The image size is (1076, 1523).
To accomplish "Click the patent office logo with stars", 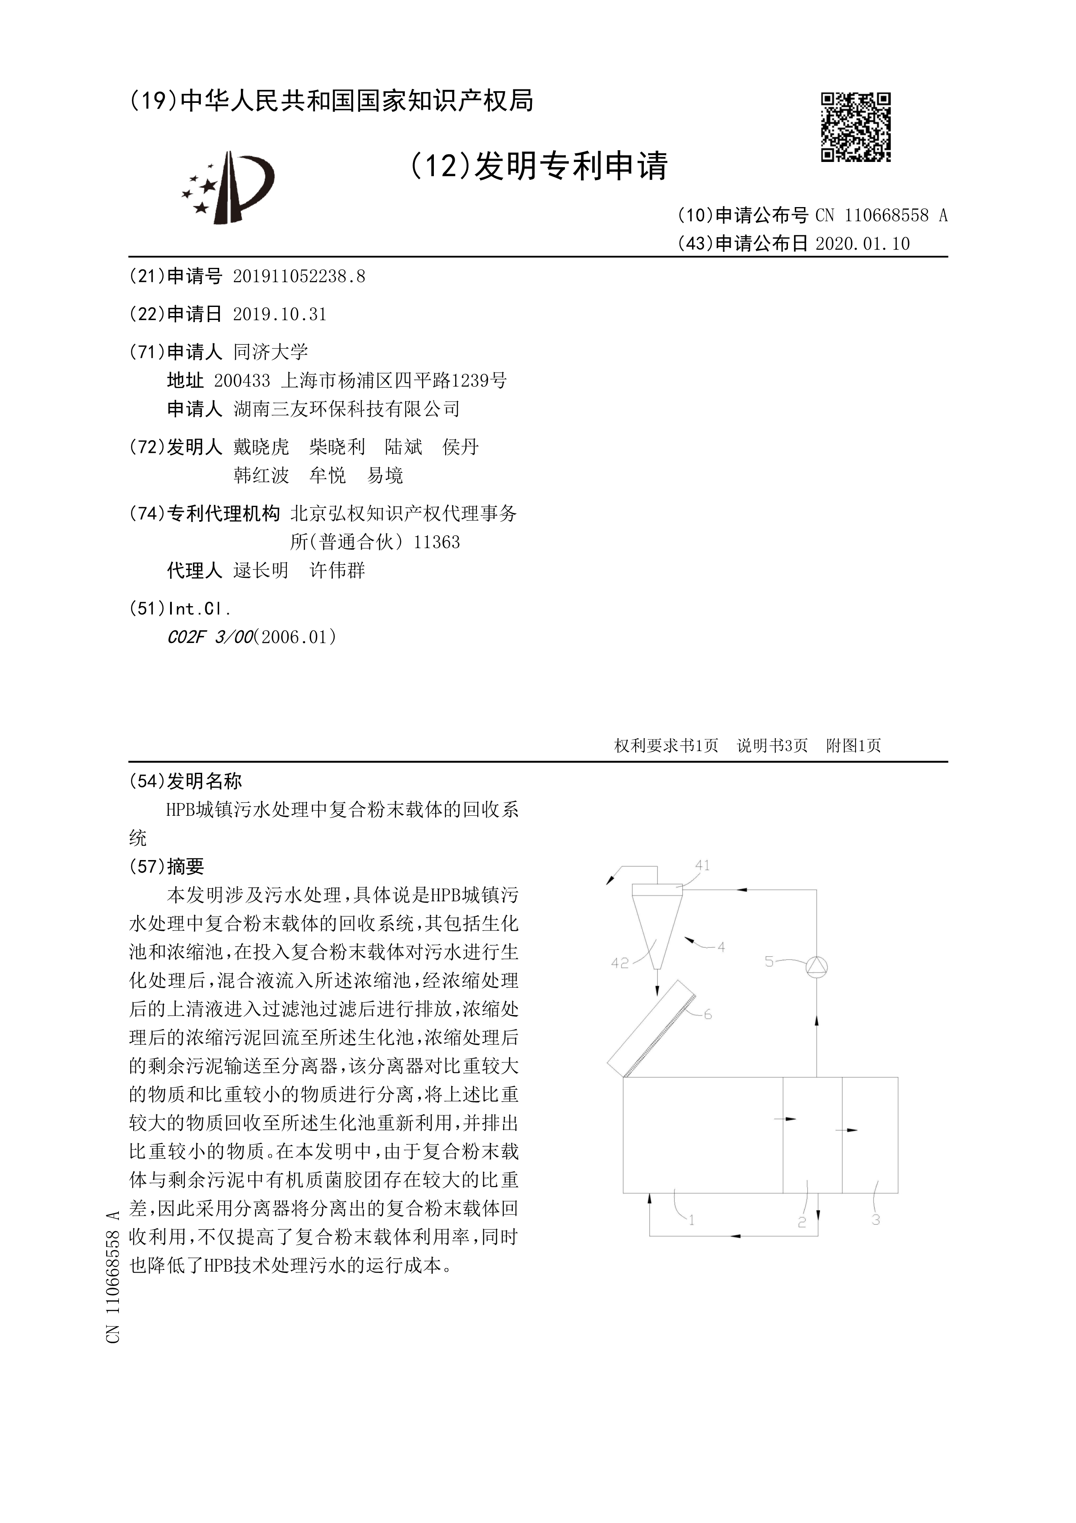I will (x=229, y=187).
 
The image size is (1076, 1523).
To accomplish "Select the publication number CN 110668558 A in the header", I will (x=881, y=216).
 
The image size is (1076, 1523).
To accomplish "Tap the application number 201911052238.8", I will (x=299, y=277).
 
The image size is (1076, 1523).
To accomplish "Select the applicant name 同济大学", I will (x=270, y=352).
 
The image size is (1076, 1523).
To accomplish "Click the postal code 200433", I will (x=242, y=381).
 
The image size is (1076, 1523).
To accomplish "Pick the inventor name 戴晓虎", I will (x=261, y=447).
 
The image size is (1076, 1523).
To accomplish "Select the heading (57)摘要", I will (x=167, y=866).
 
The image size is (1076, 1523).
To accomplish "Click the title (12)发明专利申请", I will (x=538, y=166).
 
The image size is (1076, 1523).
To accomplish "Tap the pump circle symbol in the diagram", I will (x=816, y=967).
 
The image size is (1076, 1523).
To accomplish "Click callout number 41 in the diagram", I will (x=702, y=865).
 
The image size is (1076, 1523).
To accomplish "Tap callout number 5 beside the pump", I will (x=769, y=961).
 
